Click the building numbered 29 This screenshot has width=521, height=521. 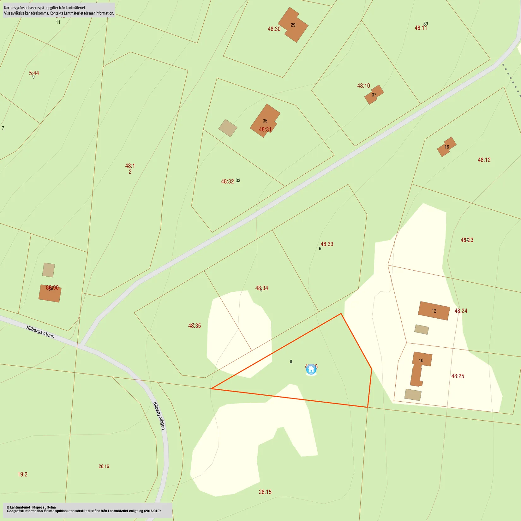[293, 25]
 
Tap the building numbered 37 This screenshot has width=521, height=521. [374, 94]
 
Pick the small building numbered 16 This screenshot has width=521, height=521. [446, 147]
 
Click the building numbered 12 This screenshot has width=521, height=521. [434, 311]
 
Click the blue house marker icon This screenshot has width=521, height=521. [311, 369]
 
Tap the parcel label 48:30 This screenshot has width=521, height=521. [274, 29]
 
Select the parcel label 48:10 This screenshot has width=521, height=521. [363, 86]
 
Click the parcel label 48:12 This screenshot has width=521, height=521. [484, 160]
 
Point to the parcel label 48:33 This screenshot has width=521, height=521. [327, 244]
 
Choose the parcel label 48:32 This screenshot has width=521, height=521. [227, 182]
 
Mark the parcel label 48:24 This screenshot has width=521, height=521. [461, 311]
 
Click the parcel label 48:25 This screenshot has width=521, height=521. [458, 376]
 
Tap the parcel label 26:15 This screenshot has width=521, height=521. [265, 492]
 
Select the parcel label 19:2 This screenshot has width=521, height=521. [22, 474]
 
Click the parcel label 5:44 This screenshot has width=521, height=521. [34, 73]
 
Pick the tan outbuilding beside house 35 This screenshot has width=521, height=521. [228, 128]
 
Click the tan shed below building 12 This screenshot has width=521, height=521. [422, 329]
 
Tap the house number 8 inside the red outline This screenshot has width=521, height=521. [291, 362]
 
